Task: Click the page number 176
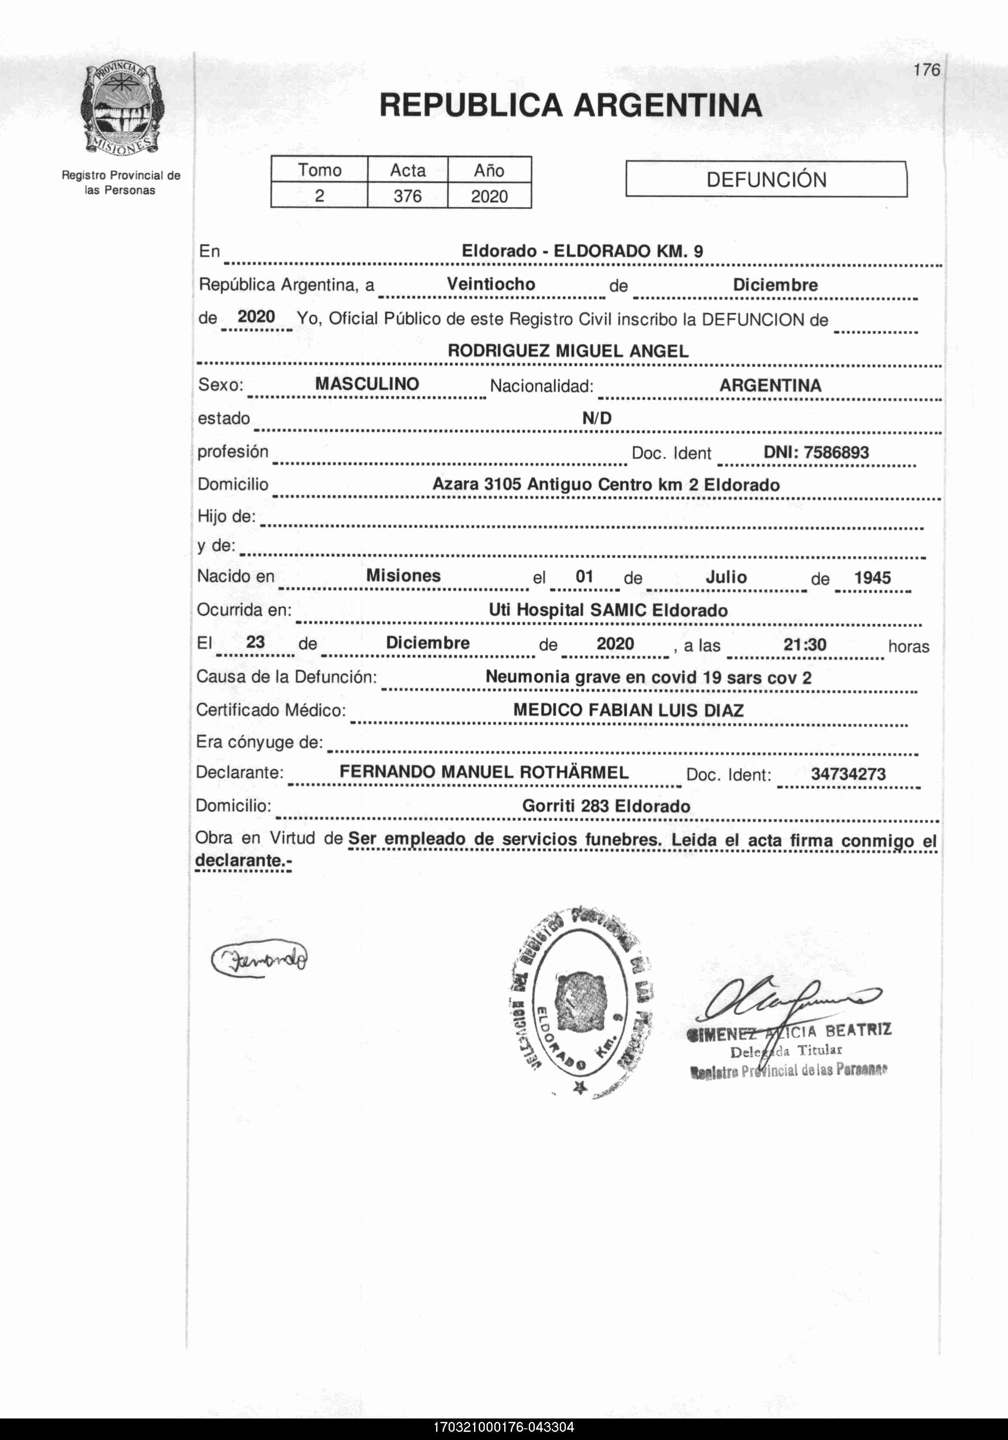tap(927, 70)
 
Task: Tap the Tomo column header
tap(319, 170)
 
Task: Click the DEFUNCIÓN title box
tap(766, 180)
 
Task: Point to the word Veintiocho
tap(491, 284)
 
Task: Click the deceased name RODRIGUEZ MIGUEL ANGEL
tap(568, 351)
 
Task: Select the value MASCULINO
tap(367, 384)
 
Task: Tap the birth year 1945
tap(872, 577)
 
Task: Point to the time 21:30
tap(805, 644)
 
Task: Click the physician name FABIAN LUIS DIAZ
tap(665, 711)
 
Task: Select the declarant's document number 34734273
tap(848, 774)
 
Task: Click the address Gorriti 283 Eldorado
tap(605, 807)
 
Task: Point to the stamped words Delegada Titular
tap(786, 1051)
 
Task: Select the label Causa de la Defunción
tap(286, 677)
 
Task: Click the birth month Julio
tap(726, 577)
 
